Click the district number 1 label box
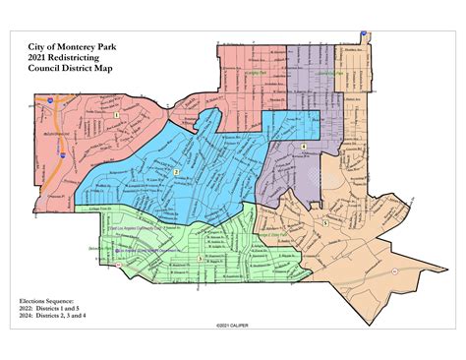pyautogui.click(x=116, y=114)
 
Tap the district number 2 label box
pyautogui.click(x=177, y=172)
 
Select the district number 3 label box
pyautogui.click(x=201, y=258)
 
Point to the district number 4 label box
pyautogui.click(x=305, y=147)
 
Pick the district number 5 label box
pyautogui.click(x=325, y=224)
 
